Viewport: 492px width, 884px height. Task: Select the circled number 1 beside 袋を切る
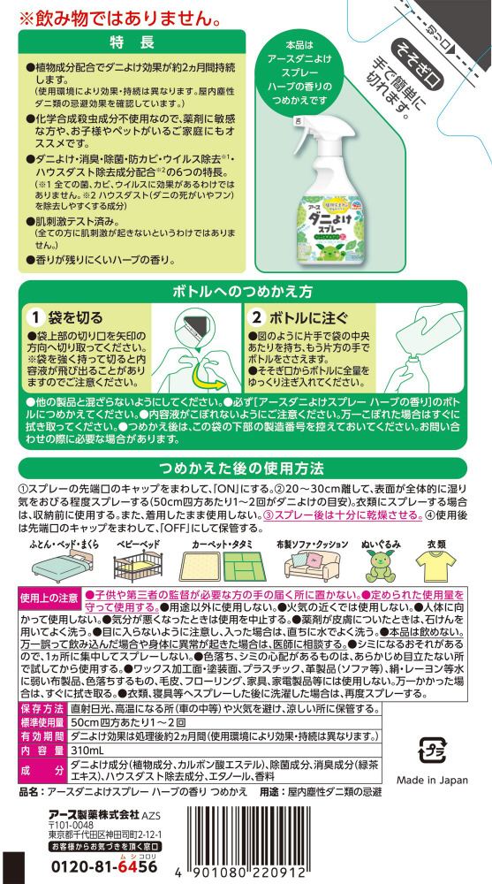click(x=36, y=318)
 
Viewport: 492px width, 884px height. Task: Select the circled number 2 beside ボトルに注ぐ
click(x=258, y=318)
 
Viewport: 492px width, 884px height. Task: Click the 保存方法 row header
click(x=42, y=708)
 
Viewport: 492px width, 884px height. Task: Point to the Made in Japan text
click(x=432, y=781)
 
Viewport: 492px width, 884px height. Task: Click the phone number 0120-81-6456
click(x=104, y=866)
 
